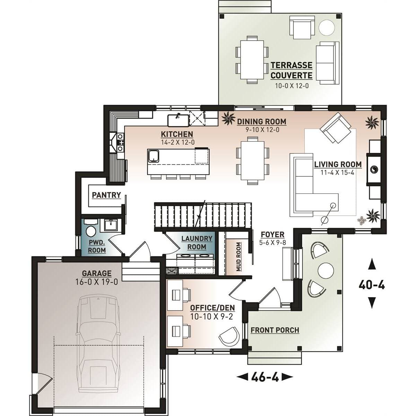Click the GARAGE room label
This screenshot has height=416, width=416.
click(97, 274)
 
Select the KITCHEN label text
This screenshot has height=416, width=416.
click(177, 134)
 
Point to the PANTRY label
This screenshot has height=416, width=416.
click(106, 195)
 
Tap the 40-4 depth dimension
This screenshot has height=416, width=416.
click(372, 285)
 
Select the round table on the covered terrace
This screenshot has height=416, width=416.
click(327, 28)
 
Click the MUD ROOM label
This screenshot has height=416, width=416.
click(238, 257)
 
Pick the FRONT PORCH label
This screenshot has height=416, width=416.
click(275, 330)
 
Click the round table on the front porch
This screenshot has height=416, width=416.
click(326, 271)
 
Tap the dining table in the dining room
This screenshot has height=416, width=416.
click(253, 161)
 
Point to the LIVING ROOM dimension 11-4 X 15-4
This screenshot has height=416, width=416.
click(337, 173)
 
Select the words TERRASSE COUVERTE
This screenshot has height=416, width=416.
click(292, 70)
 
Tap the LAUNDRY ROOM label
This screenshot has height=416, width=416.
click(197, 243)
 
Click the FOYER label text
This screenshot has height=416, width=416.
click(272, 234)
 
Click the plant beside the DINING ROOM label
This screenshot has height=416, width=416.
click(228, 119)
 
